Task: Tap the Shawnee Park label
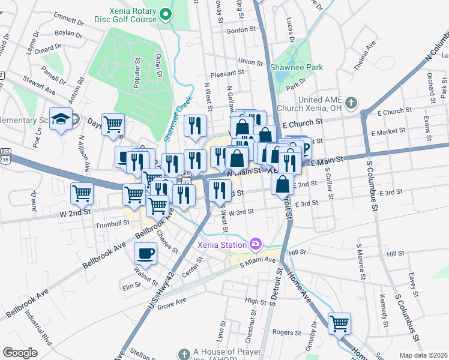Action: [297, 67]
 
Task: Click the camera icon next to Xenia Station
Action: [256, 244]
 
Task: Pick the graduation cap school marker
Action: [61, 119]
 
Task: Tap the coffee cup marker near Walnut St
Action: [145, 253]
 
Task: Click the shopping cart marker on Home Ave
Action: [340, 323]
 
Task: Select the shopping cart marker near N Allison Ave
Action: [82, 193]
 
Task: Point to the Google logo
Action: [20, 352]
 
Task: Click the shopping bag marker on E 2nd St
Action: [282, 184]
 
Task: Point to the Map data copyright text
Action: [423, 355]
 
